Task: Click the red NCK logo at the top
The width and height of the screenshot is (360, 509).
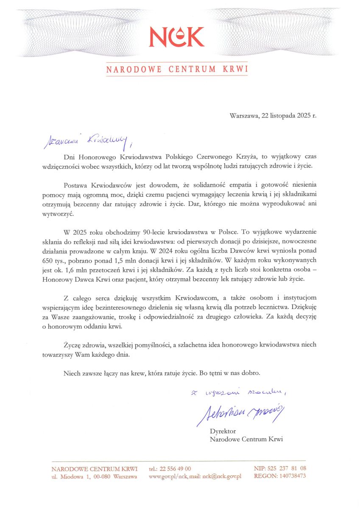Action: [176, 37]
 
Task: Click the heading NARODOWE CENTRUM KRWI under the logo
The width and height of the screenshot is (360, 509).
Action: [176, 69]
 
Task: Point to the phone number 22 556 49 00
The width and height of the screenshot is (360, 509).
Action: [175, 468]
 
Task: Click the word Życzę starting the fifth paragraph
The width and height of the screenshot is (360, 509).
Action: [73, 345]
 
